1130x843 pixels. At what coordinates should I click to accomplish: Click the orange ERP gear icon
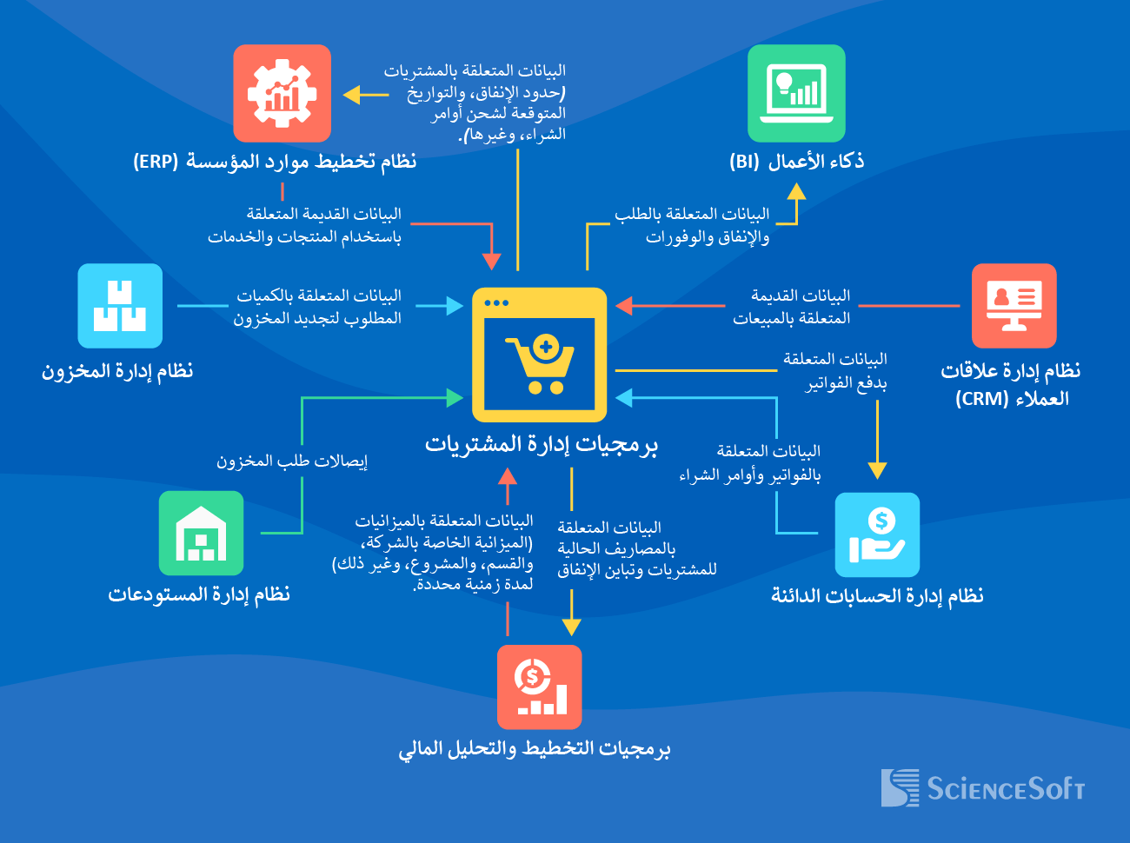282,93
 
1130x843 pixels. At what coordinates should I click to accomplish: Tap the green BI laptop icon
796,93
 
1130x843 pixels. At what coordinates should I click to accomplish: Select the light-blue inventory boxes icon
120,306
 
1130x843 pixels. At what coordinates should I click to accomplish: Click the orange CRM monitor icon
1014,306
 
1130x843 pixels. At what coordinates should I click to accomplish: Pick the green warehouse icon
201,533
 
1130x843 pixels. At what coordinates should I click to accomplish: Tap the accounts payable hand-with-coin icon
877,534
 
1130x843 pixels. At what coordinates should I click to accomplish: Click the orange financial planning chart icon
539,687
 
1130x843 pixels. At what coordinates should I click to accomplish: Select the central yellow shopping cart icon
539,355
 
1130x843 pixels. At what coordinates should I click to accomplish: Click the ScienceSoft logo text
1005,788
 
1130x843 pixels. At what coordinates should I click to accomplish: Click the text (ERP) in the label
156,162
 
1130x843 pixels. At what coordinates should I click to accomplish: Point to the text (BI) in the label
744,162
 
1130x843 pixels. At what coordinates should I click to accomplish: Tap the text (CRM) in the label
981,399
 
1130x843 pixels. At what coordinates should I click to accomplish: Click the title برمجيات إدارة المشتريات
541,444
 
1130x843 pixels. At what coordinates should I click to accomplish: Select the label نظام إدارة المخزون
117,371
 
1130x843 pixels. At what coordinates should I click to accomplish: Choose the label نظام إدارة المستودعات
198,594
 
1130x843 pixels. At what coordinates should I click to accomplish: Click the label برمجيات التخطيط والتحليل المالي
535,748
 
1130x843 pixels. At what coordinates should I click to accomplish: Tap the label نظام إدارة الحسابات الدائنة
877,595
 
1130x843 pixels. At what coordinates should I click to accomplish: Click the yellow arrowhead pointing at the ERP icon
351,94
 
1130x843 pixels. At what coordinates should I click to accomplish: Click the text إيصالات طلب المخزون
292,461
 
